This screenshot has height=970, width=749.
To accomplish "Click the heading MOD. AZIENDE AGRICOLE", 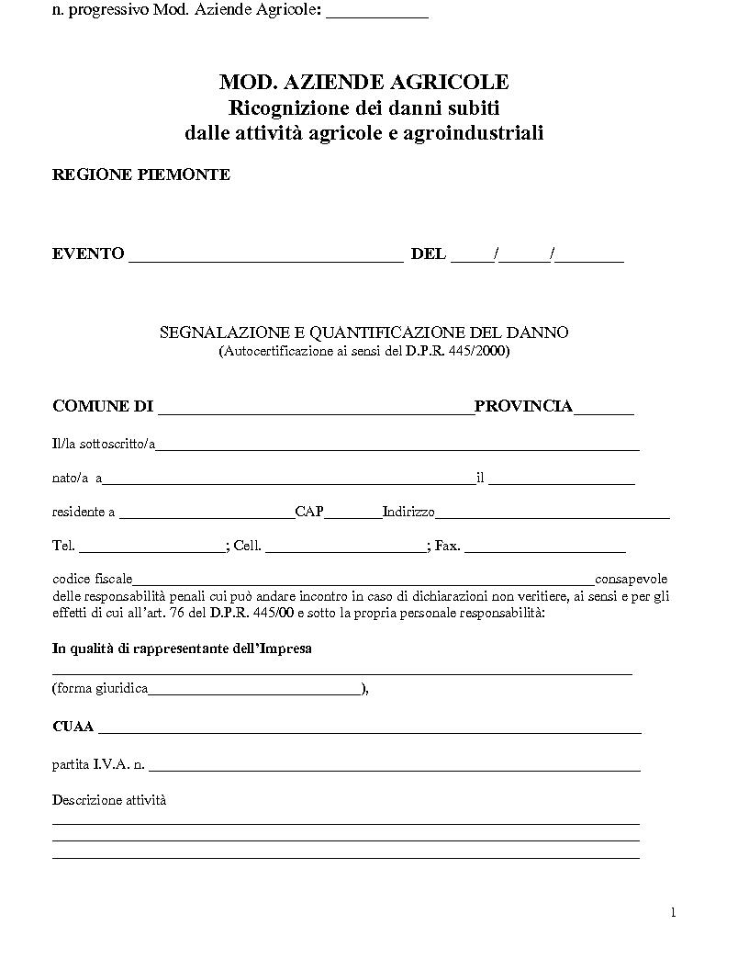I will [x=363, y=83].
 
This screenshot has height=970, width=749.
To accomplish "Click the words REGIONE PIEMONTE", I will [x=140, y=175].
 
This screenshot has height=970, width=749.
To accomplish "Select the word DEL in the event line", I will [x=429, y=254].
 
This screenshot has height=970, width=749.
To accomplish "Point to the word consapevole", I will [x=632, y=580].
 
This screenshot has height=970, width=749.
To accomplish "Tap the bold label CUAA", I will [x=73, y=727].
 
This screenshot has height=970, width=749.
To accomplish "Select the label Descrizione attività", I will [x=109, y=800].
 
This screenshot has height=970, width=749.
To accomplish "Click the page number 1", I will [x=673, y=912].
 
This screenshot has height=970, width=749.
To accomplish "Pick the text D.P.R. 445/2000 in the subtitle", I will [x=455, y=351].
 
